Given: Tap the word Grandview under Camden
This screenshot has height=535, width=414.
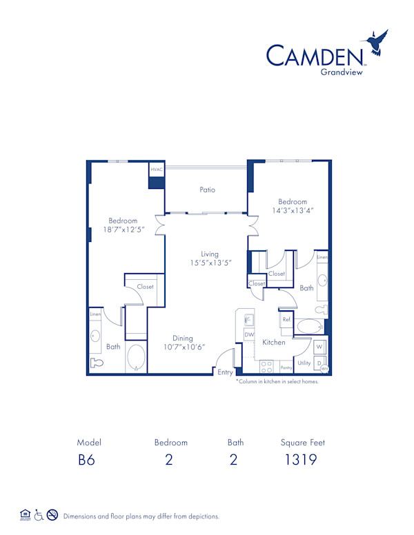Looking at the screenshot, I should coord(342,70).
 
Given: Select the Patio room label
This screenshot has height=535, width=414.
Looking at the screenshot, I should coord(207,190).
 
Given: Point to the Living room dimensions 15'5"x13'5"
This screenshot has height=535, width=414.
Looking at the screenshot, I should coord(210,263).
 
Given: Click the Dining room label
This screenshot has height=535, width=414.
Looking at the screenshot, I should coord(183,338).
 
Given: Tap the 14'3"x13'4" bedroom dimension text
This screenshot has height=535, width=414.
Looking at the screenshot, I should coord(293,211).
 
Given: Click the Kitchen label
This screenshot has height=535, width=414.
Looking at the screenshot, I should coord(273,342).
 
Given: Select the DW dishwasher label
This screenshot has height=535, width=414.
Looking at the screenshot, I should coord(248,334).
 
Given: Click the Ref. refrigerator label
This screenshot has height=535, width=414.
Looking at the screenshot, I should coord(286,320).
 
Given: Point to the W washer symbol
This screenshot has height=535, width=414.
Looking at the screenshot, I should coord(319,346).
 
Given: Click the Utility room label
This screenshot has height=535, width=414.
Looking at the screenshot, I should coord(304,363).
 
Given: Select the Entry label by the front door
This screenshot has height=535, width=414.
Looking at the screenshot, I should coord(226,372).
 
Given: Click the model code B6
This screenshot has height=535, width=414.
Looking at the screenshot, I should coord(86,461).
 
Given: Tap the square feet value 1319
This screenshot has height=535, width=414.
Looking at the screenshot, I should coord(302,461).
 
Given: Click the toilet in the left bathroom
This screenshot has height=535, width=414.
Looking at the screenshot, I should coord(97,362).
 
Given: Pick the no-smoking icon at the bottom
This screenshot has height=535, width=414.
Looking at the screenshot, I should coord(52,515).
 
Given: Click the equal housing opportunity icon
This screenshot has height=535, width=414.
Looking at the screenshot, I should coord(25,515).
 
